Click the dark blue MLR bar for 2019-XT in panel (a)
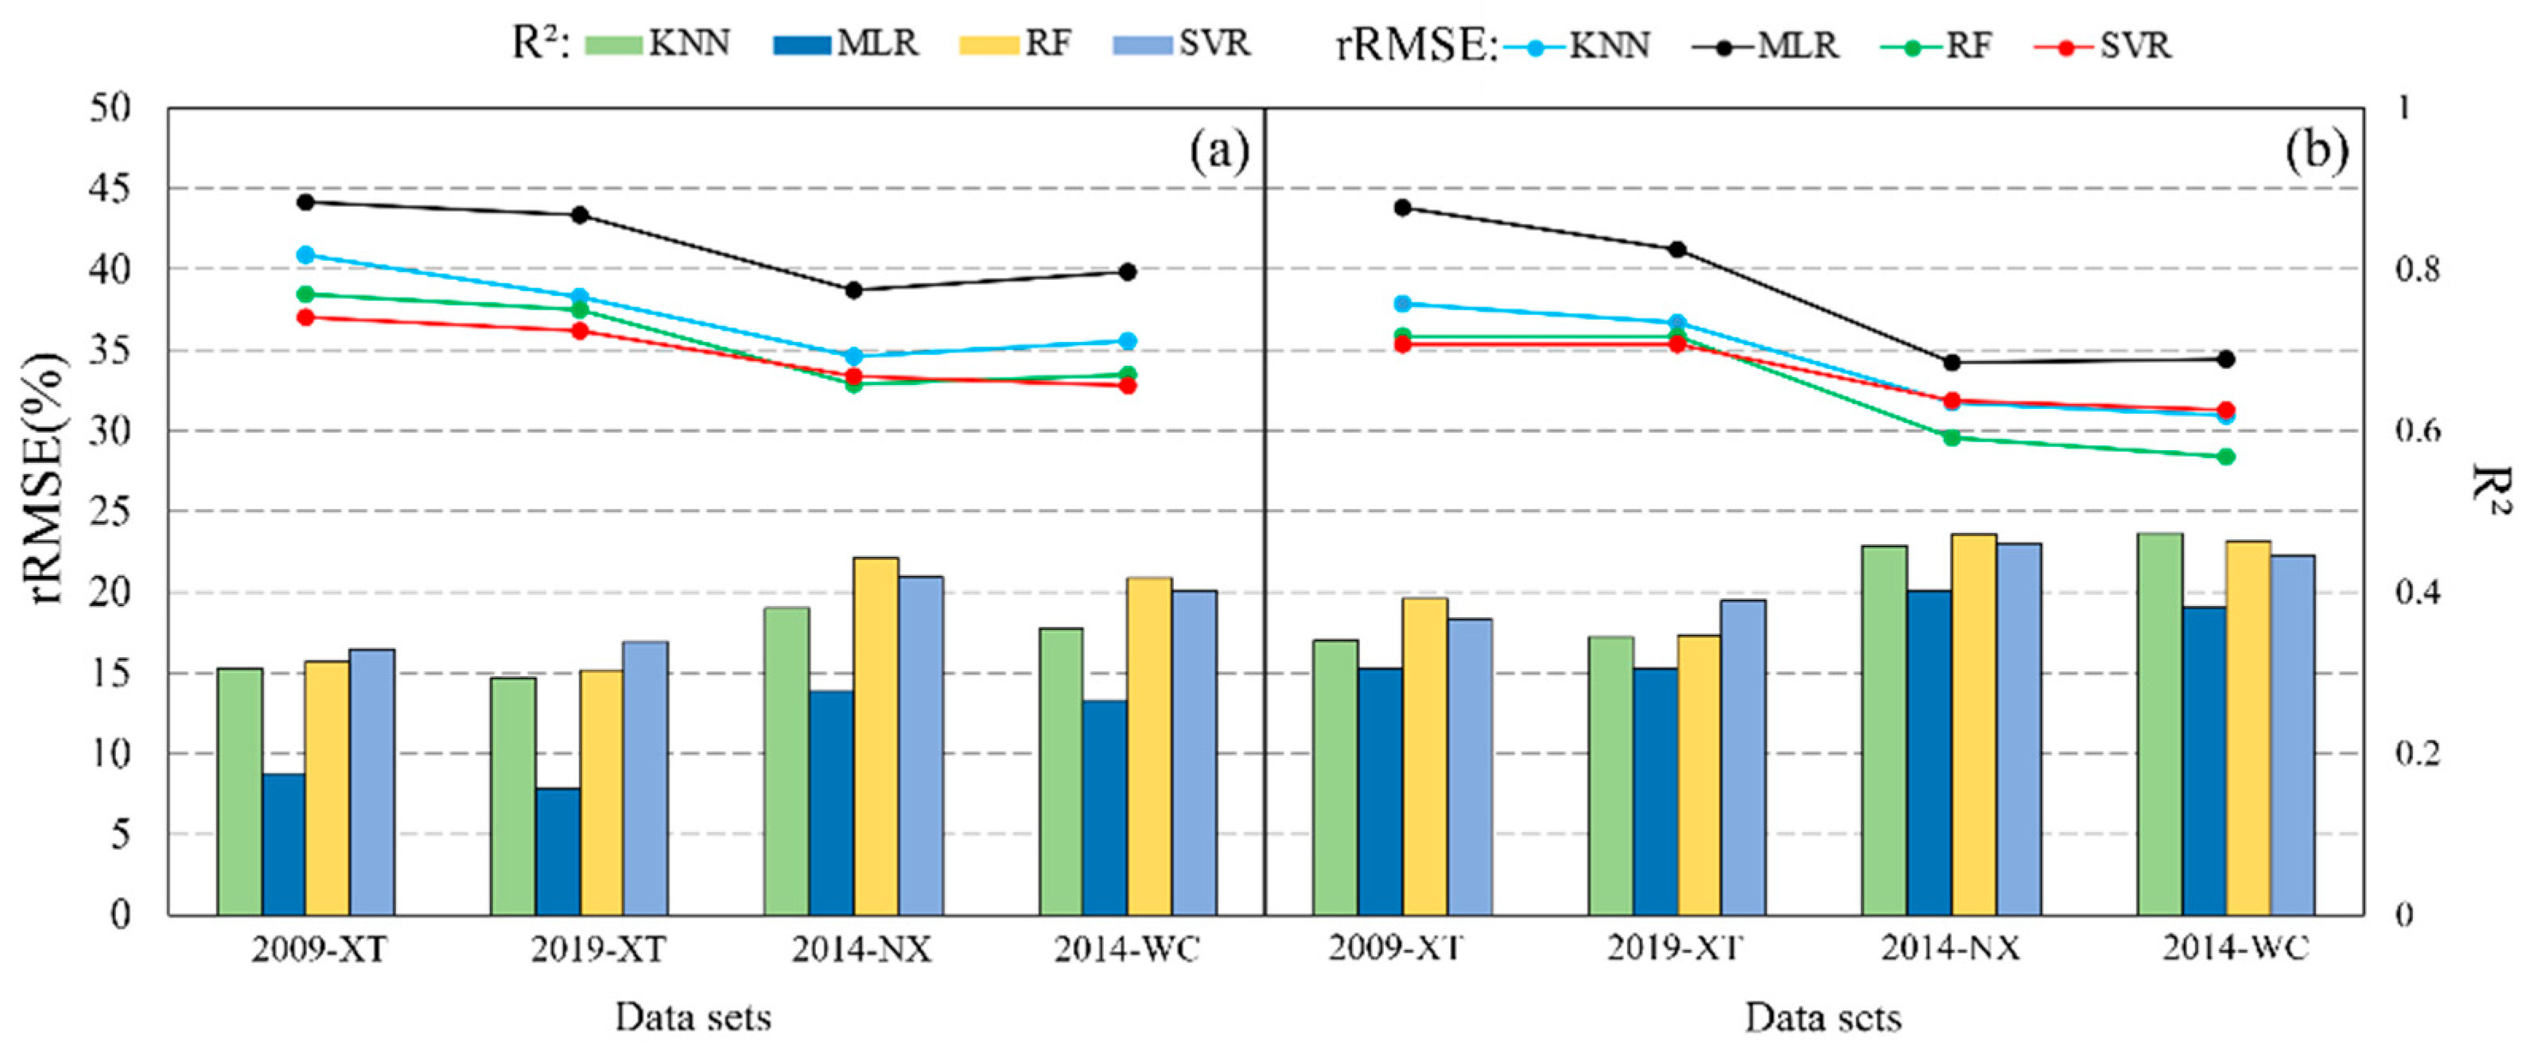[x=558, y=851]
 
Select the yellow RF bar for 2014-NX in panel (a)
[x=875, y=735]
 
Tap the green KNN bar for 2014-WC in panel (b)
[x=2159, y=724]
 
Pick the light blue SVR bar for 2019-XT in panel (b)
[x=1743, y=756]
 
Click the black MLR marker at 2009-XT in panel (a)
[x=305, y=202]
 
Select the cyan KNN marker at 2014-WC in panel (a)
[x=1127, y=341]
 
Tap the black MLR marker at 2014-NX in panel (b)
[x=1952, y=363]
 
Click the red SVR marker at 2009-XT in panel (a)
[x=305, y=317]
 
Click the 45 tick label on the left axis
[x=110, y=189]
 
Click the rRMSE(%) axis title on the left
[x=47, y=480]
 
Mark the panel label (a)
[x=1219, y=152]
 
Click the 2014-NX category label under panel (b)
[x=1950, y=948]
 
